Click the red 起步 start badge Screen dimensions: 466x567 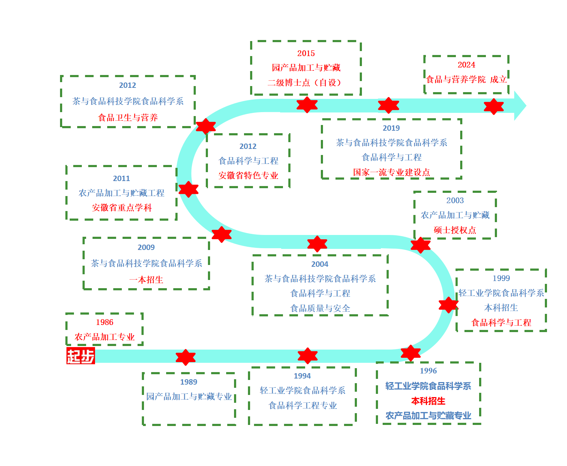coord(81,356)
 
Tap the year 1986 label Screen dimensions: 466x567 coord(104,322)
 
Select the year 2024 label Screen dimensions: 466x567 coord(466,65)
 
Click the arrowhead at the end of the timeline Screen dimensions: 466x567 coord(520,106)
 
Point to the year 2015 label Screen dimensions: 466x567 coord(306,53)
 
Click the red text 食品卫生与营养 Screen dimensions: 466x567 coord(128,117)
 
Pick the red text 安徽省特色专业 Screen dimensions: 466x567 coord(248,175)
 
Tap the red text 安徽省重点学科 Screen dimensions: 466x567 coord(122,207)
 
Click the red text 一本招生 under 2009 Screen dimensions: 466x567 coord(146,280)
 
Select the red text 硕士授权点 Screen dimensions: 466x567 coord(455,230)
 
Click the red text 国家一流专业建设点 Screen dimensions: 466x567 coord(391,172)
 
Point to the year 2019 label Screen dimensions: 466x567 coord(391,128)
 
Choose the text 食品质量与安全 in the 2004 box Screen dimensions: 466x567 coord(320,308)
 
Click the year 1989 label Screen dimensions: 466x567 coord(189,382)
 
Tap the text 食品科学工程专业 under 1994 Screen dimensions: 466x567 coord(303,405)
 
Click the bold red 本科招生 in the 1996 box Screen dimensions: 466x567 coord(428,401)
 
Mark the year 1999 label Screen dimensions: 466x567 coord(501,278)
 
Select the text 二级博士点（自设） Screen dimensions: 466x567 coord(306,82)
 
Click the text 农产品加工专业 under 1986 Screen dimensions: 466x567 coord(104,337)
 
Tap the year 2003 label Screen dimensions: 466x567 coord(455,200)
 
